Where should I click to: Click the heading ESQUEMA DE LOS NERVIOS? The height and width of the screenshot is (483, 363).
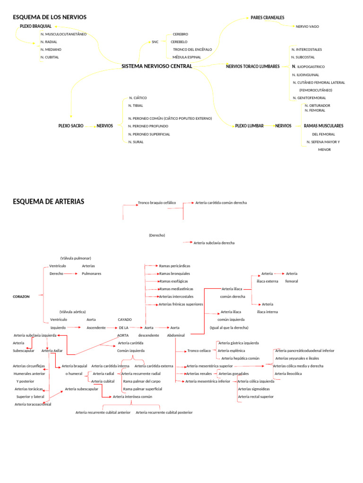tap(50, 17)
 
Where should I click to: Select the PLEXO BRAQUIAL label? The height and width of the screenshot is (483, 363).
tap(35, 26)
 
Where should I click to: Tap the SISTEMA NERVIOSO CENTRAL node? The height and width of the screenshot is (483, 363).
tap(156, 67)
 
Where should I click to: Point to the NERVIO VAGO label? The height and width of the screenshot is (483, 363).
tap(307, 27)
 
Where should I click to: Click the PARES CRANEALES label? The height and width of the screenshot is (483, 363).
tap(267, 18)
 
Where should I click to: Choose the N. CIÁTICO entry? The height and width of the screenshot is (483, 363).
tap(138, 98)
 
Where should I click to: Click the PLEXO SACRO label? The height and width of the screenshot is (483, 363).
tap(70, 126)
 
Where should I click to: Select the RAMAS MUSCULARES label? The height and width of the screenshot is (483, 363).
tap(323, 126)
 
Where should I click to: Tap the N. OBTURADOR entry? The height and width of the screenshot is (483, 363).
tap(317, 105)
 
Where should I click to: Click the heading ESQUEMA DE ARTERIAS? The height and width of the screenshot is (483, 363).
tap(48, 201)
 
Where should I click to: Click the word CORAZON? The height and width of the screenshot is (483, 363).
tap(21, 297)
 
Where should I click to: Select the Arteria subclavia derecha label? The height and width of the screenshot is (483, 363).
tap(214, 243)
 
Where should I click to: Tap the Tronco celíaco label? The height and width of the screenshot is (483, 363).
tap(199, 351)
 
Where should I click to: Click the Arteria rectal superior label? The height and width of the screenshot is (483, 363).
tap(256, 397)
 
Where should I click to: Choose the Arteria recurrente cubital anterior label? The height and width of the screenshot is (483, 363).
tap(103, 412)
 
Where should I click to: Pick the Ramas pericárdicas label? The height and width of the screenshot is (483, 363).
tap(174, 266)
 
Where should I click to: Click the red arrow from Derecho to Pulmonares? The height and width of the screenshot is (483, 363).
tap(71, 274)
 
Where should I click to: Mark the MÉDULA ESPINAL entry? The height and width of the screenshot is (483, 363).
tap(187, 57)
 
